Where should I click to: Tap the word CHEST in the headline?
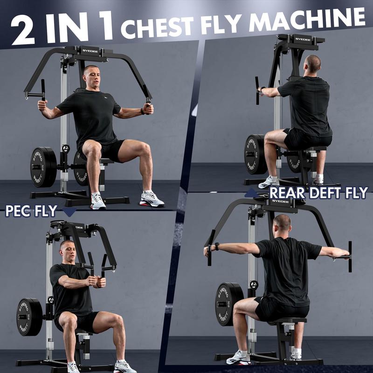(157, 28)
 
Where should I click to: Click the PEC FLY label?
(31, 211)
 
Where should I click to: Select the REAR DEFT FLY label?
(318, 193)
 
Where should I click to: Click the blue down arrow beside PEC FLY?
(69, 212)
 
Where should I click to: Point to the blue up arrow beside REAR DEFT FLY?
(252, 193)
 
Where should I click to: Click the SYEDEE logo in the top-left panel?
(90, 51)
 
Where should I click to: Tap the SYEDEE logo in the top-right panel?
(303, 39)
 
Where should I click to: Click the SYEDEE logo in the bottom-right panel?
(280, 201)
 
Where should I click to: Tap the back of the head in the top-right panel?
(313, 64)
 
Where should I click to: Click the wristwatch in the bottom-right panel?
(217, 246)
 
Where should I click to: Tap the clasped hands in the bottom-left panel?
(97, 281)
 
